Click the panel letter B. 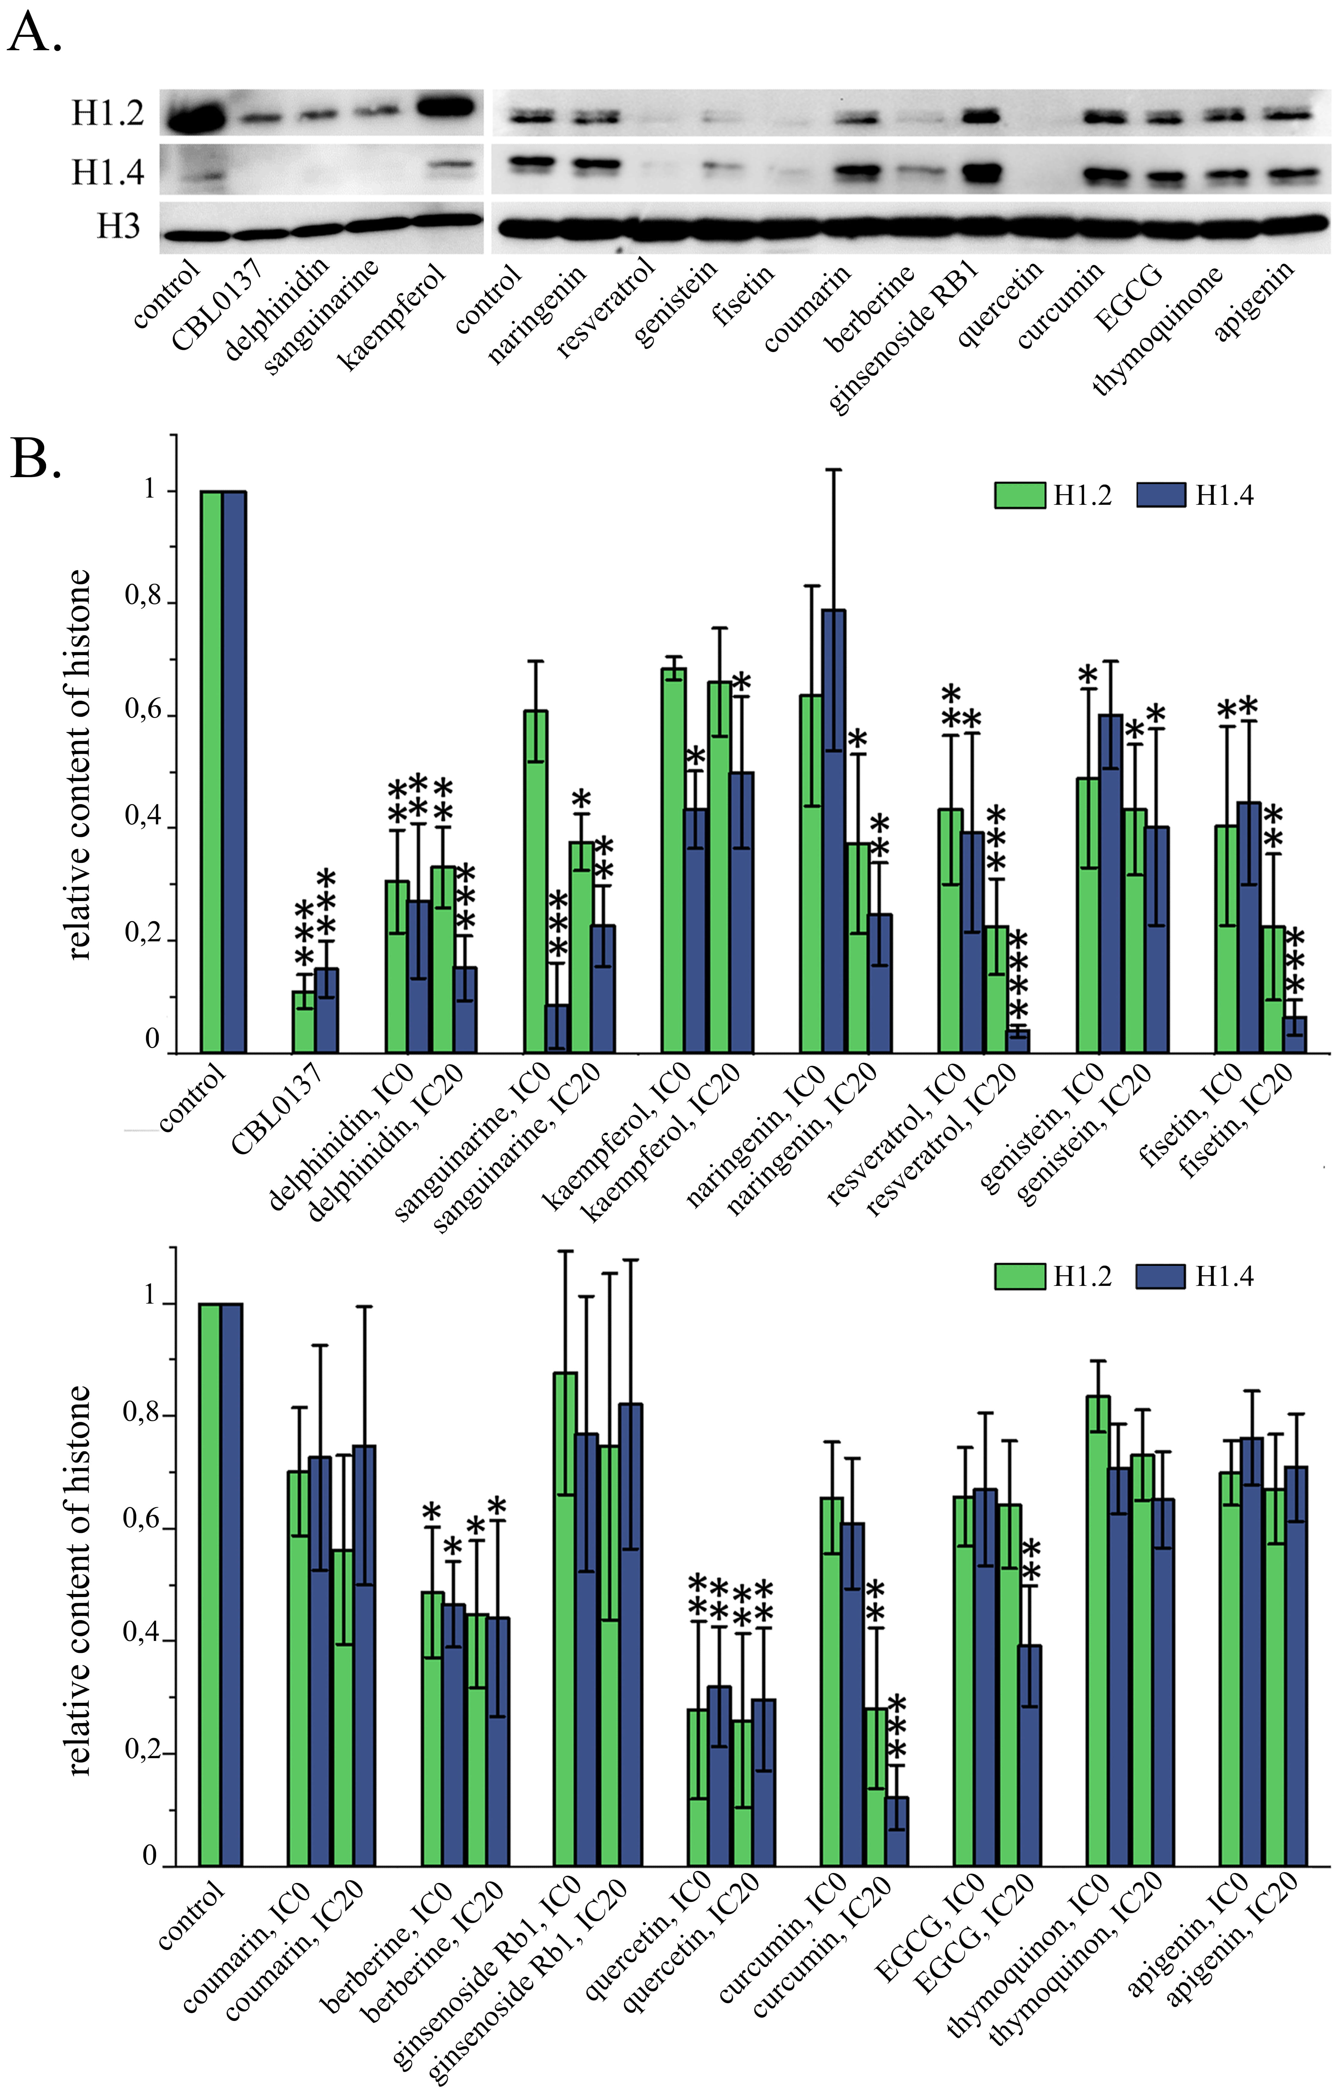tap(35, 458)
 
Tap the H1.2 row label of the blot tap(107, 113)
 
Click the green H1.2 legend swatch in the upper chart tap(1019, 495)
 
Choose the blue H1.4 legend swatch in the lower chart tap(1160, 1276)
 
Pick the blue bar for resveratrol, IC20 tap(1017, 1041)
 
